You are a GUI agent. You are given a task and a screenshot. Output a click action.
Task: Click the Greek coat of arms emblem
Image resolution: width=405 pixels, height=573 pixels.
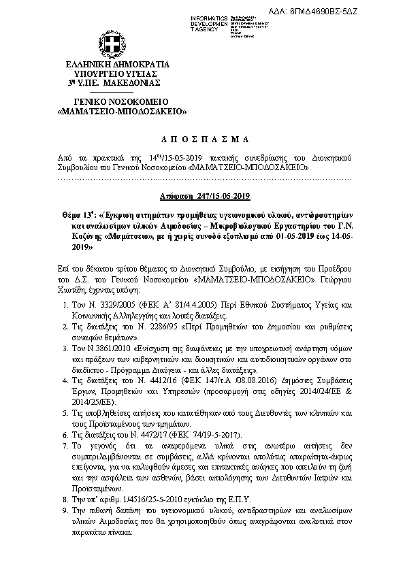[114, 45]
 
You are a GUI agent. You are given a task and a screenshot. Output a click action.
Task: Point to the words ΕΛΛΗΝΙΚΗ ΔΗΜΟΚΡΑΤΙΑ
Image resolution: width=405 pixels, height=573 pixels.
[112, 65]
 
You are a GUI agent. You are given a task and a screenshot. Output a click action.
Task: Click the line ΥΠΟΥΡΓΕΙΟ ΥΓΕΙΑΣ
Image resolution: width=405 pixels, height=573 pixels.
[112, 73]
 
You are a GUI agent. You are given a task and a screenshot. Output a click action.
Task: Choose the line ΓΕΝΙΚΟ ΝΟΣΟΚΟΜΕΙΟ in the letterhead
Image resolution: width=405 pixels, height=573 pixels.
[112, 101]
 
